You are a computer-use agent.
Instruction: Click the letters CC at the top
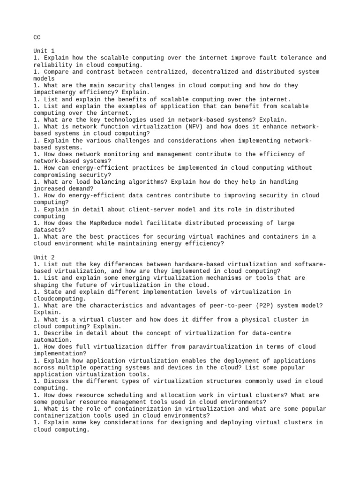(x=37, y=37)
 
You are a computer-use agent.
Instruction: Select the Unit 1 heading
(x=44, y=51)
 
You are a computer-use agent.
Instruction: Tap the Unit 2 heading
(x=44, y=257)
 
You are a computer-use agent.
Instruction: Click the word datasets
(x=49, y=230)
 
